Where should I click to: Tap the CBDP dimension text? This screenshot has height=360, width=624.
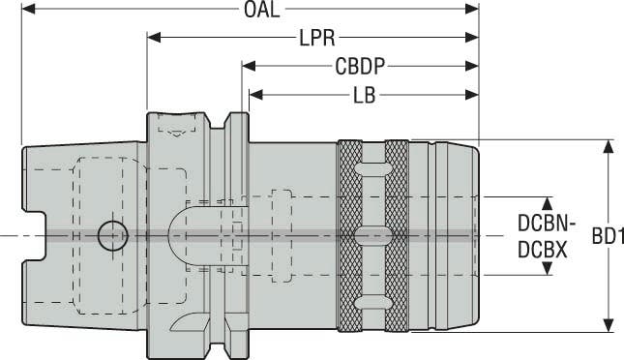point(362,68)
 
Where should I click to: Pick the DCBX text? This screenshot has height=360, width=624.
point(541,248)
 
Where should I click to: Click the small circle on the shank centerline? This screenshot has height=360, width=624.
point(111,234)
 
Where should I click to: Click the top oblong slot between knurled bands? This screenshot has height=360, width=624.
point(371,171)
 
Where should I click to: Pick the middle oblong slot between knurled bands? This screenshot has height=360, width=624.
point(371,235)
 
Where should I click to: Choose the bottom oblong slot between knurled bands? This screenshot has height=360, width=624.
point(371,299)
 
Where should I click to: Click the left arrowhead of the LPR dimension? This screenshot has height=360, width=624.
point(154,39)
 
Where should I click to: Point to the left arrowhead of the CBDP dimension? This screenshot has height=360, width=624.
point(249,68)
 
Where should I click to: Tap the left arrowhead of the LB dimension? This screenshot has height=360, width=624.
point(256,96)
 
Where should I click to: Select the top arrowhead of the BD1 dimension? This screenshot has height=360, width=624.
point(609,147)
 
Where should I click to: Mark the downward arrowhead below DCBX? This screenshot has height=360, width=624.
point(547,267)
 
